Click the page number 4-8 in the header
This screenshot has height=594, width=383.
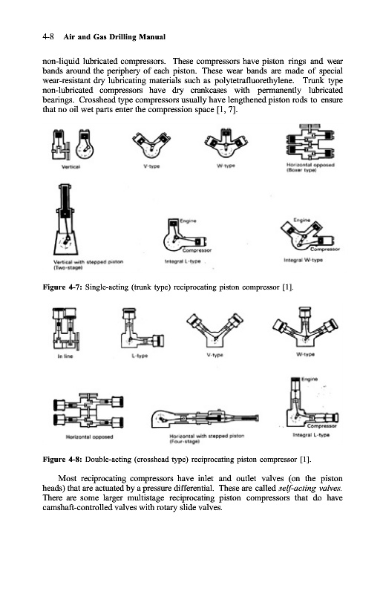(x=48, y=36)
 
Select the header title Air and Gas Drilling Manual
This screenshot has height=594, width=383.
(x=114, y=36)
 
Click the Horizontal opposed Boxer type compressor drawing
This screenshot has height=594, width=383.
(x=310, y=142)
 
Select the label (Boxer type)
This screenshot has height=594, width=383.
(x=301, y=170)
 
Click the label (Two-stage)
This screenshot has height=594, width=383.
(x=68, y=267)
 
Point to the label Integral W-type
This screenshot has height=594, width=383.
(x=303, y=260)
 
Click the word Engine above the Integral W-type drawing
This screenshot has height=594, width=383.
(x=302, y=220)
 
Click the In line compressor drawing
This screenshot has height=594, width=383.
(x=66, y=328)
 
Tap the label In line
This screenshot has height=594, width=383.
(x=65, y=356)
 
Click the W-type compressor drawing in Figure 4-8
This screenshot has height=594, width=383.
(x=305, y=327)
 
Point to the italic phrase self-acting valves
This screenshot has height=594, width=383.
(x=310, y=489)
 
